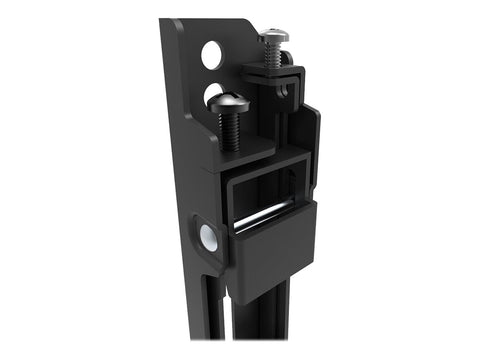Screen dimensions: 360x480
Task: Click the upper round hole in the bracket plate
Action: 212,55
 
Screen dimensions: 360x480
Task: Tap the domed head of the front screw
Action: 229,101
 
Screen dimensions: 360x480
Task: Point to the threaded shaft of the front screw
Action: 229,129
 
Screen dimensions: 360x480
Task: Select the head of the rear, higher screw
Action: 273,36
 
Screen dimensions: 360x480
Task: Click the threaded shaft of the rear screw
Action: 272,54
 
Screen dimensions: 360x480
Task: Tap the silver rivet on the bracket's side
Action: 209,237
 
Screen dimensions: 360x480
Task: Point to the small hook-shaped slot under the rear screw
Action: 287,89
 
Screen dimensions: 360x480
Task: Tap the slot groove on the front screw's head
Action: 229,98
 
